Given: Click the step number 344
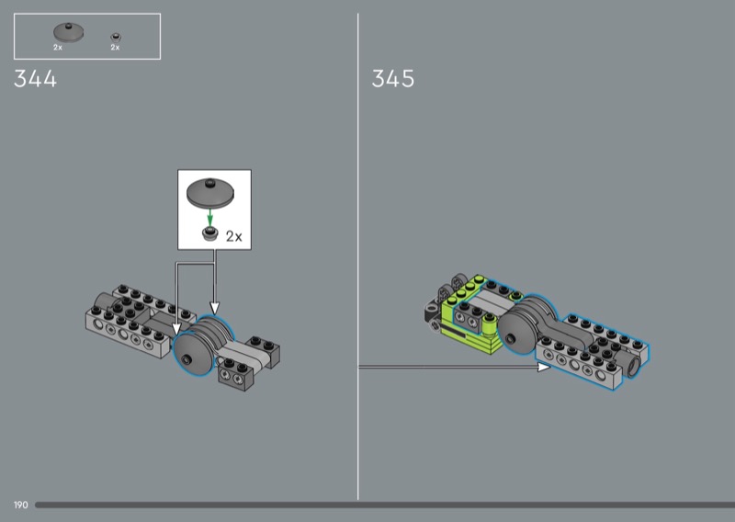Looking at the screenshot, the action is pyautogui.click(x=35, y=78).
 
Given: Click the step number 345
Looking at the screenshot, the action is pyautogui.click(x=393, y=78).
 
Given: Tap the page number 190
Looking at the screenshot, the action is pyautogui.click(x=20, y=505).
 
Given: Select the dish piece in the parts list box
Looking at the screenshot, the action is pyautogui.click(x=68, y=32).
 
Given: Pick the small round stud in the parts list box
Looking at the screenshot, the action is pyautogui.click(x=116, y=37).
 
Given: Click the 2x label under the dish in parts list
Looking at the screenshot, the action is pyautogui.click(x=58, y=48).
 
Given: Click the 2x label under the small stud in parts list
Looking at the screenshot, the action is pyautogui.click(x=116, y=48).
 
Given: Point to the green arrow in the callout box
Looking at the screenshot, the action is pyautogui.click(x=210, y=218).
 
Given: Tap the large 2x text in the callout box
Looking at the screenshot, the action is pyautogui.click(x=234, y=236).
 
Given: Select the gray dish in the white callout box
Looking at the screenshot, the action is pyautogui.click(x=210, y=192).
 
